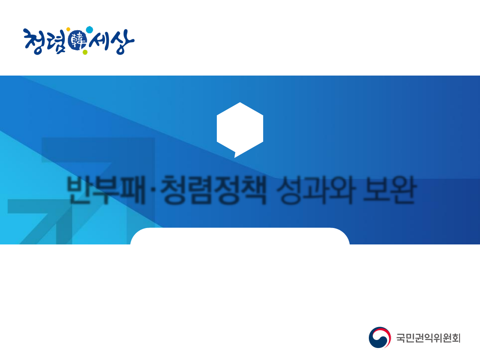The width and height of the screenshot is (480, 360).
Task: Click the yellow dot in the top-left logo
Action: pos(68,30)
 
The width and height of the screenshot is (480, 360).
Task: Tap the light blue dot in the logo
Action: pos(89,30)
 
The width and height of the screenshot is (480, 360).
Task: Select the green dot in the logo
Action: pos(85,52)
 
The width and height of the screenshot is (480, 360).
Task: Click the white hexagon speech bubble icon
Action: pos(240,128)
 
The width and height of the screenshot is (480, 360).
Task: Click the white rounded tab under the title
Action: pos(240,236)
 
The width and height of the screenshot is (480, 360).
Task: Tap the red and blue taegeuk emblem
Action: pos(380,338)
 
